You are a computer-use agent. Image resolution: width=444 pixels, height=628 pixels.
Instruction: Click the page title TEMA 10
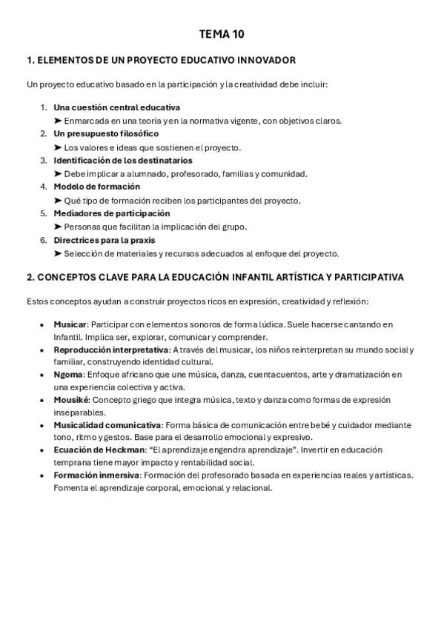(222, 34)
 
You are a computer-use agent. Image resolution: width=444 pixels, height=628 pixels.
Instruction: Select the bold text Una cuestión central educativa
(116, 107)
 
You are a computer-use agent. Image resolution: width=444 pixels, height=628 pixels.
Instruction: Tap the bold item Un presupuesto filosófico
(106, 134)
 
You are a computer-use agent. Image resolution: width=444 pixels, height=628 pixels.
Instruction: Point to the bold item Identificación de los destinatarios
(123, 160)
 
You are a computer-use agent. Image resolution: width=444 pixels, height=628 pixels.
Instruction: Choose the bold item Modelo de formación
(96, 187)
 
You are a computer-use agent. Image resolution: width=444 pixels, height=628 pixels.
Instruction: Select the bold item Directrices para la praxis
(105, 240)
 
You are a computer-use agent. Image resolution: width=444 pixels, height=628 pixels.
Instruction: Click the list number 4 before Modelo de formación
(43, 187)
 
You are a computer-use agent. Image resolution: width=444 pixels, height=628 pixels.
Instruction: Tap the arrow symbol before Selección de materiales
(58, 253)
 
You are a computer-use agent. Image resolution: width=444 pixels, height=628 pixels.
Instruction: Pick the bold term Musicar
(70, 324)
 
